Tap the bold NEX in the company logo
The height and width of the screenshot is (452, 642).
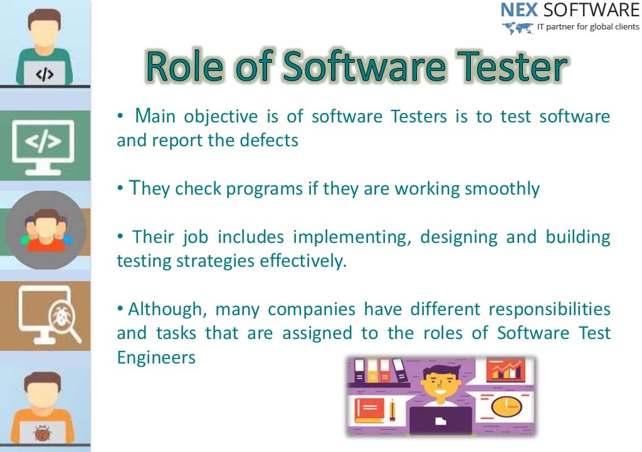point(519,11)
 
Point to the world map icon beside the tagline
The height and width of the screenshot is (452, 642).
point(517,28)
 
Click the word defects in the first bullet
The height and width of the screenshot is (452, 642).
point(269,140)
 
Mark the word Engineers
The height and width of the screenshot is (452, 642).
point(156,357)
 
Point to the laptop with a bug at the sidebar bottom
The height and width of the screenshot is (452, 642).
point(44,431)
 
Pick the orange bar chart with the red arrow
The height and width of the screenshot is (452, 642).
point(505,370)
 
